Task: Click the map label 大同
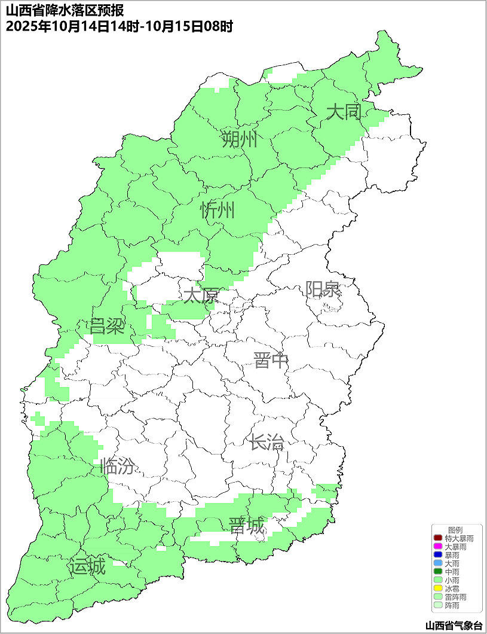[344, 112]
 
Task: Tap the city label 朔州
[239, 140]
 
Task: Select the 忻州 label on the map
[218, 211]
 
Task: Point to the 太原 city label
[201, 296]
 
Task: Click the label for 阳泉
[323, 289]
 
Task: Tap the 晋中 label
[271, 361]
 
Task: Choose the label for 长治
[267, 443]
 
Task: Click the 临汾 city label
[117, 466]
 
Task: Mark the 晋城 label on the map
[246, 526]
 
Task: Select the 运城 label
[87, 566]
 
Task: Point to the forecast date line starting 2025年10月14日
[119, 26]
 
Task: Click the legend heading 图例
[455, 531]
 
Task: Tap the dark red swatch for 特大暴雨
[438, 539]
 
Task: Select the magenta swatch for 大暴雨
[438, 547]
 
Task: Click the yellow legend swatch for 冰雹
[438, 589]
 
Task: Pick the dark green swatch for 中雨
[438, 572]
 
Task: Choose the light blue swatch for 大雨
[438, 563]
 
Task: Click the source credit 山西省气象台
[454, 626]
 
